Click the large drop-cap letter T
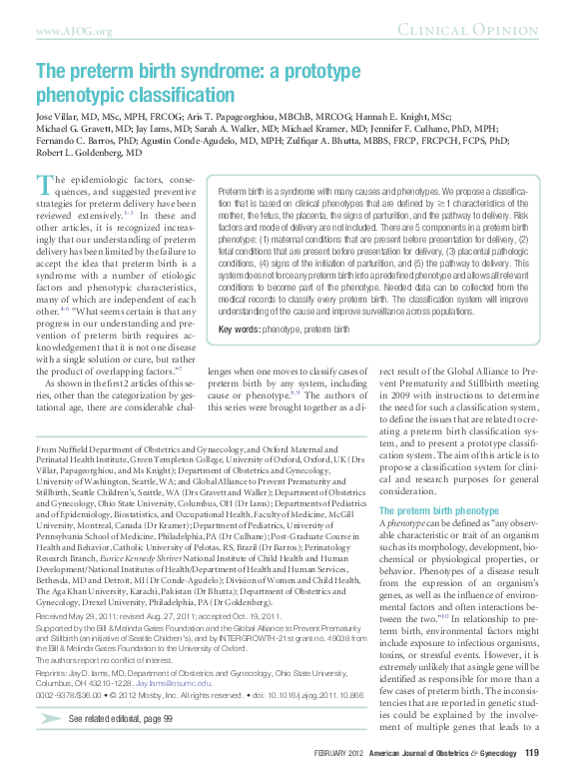click(x=44, y=183)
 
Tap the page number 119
click(x=532, y=751)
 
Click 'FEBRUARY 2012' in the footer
click(x=339, y=752)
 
